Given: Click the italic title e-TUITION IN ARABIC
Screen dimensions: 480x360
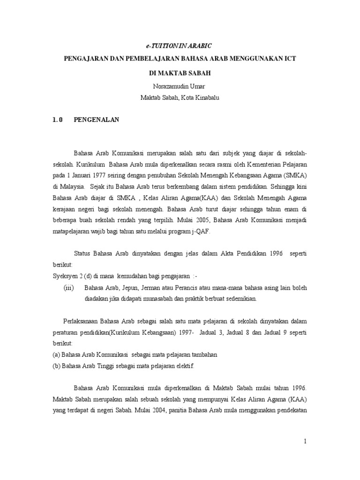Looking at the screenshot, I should [x=177, y=45].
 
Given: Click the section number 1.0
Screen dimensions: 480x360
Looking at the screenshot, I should [x=58, y=120].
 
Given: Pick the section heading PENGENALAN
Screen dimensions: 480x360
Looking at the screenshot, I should [x=97, y=120].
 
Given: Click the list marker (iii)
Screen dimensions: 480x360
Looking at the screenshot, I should [x=69, y=287].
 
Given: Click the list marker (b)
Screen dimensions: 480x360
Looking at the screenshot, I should [x=57, y=366].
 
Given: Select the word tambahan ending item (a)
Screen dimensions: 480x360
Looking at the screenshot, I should [x=204, y=355].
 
